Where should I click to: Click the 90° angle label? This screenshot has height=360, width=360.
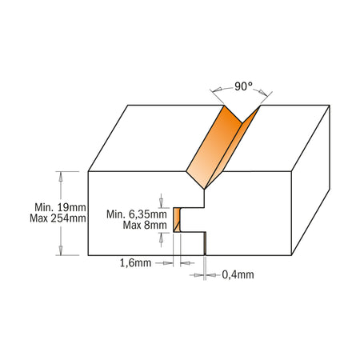tap(243, 86)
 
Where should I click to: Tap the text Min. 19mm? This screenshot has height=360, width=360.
tap(60, 207)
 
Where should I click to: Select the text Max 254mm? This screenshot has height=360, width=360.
tap(58, 218)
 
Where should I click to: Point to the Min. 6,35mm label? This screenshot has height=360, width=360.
tap(137, 214)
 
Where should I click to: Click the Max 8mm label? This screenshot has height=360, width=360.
tap(145, 226)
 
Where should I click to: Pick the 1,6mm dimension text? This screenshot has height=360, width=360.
tap(135, 263)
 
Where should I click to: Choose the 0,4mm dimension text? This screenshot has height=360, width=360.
tap(238, 274)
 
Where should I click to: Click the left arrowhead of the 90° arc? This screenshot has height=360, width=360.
tap(218, 90)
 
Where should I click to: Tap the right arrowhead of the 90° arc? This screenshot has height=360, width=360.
tap(262, 93)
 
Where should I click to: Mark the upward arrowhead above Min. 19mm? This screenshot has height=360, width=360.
tap(61, 177)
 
